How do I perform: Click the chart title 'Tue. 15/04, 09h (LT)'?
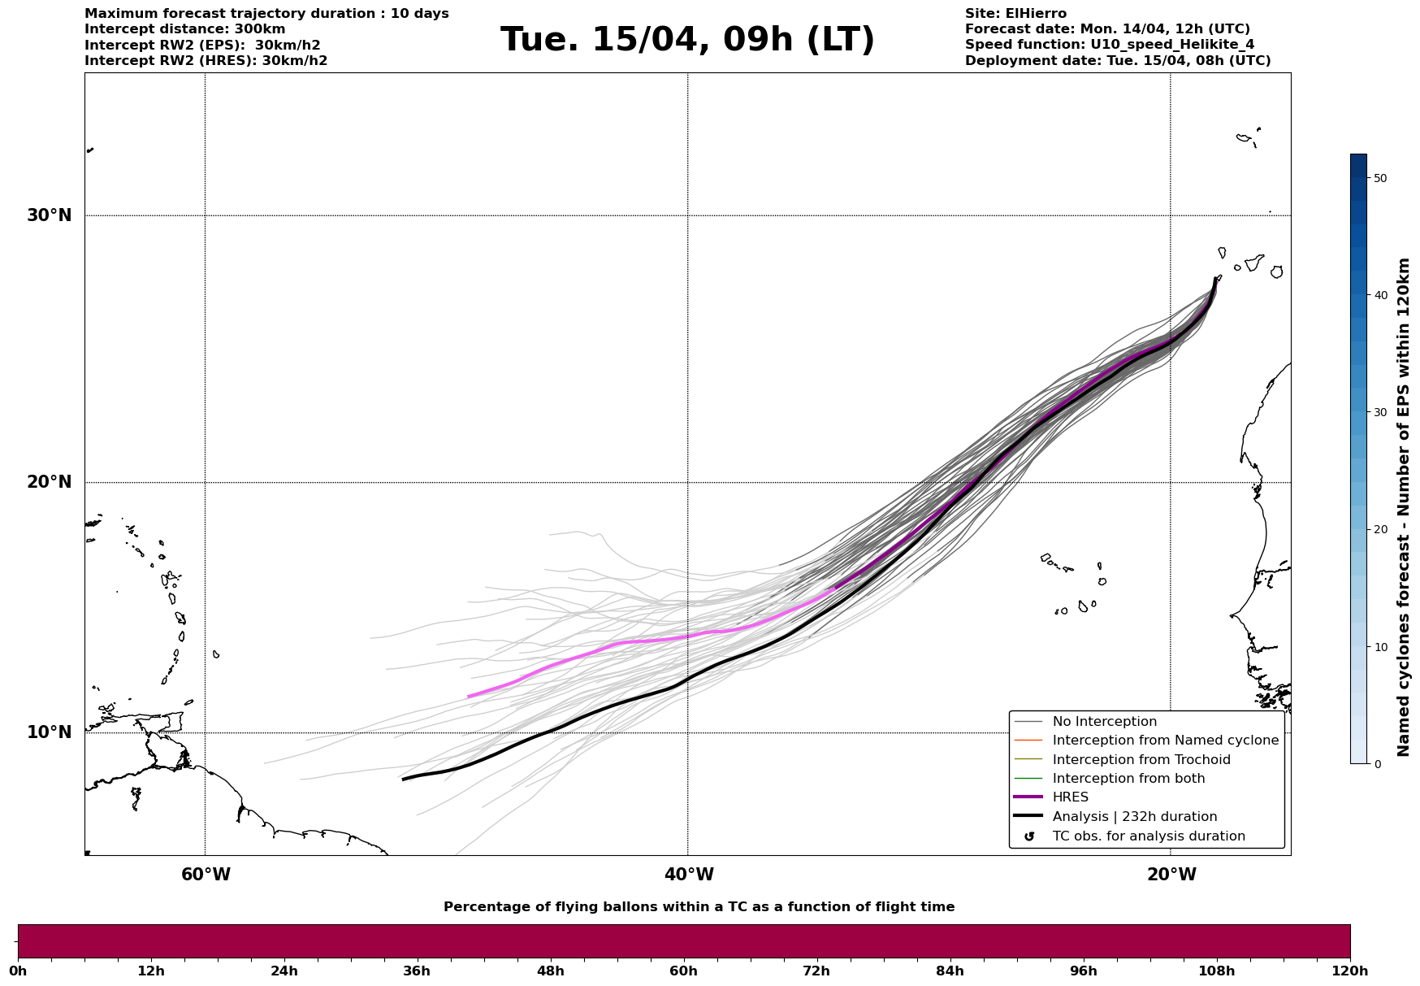click(x=687, y=40)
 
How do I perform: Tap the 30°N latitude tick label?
click(x=49, y=215)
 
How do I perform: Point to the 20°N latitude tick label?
click(x=49, y=482)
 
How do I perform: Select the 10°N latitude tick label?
click(x=49, y=732)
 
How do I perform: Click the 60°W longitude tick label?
click(x=206, y=875)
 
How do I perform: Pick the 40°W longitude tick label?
click(x=689, y=875)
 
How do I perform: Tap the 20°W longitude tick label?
click(x=1171, y=875)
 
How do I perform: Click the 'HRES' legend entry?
click(x=1070, y=797)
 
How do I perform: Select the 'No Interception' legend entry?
click(x=1104, y=722)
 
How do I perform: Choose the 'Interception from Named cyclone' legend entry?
click(x=1165, y=741)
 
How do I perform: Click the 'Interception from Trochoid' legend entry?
click(x=1141, y=760)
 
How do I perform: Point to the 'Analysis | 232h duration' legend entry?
click(x=1134, y=817)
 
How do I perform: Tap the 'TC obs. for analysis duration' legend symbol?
click(x=1029, y=836)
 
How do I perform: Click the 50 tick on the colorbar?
click(x=1379, y=178)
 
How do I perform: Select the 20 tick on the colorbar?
click(x=1379, y=530)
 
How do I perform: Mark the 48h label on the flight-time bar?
click(x=550, y=971)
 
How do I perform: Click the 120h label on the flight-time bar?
click(x=1350, y=971)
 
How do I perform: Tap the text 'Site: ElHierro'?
click(x=1015, y=14)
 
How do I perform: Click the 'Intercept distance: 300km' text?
click(x=185, y=29)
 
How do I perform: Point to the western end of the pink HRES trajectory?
click(x=469, y=697)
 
